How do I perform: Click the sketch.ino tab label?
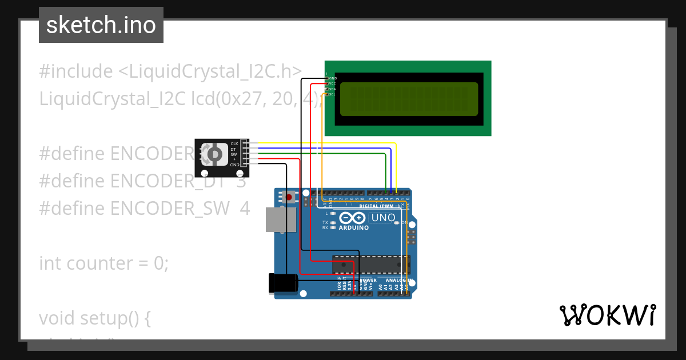pyautogui.click(x=101, y=25)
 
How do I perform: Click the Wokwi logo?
pyautogui.click(x=607, y=315)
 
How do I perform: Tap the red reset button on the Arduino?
pyautogui.click(x=289, y=197)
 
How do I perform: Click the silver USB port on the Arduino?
pyautogui.click(x=281, y=219)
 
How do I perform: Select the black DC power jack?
pyautogui.click(x=283, y=283)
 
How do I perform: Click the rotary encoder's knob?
pyautogui.click(x=214, y=154)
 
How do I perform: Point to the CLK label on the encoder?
pyautogui.click(x=234, y=143)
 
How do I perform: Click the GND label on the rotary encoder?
pyautogui.click(x=234, y=165)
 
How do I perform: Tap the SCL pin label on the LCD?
pyautogui.click(x=332, y=94)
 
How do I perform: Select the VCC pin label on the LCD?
pyautogui.click(x=332, y=83)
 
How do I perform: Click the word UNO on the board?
pyautogui.click(x=383, y=218)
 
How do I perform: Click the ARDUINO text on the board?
pyautogui.click(x=353, y=227)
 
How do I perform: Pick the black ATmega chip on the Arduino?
pyautogui.click(x=371, y=264)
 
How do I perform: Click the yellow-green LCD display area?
pyautogui.click(x=409, y=99)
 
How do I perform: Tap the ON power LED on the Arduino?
pyautogui.click(x=397, y=222)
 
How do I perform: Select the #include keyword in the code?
pyautogui.click(x=76, y=71)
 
